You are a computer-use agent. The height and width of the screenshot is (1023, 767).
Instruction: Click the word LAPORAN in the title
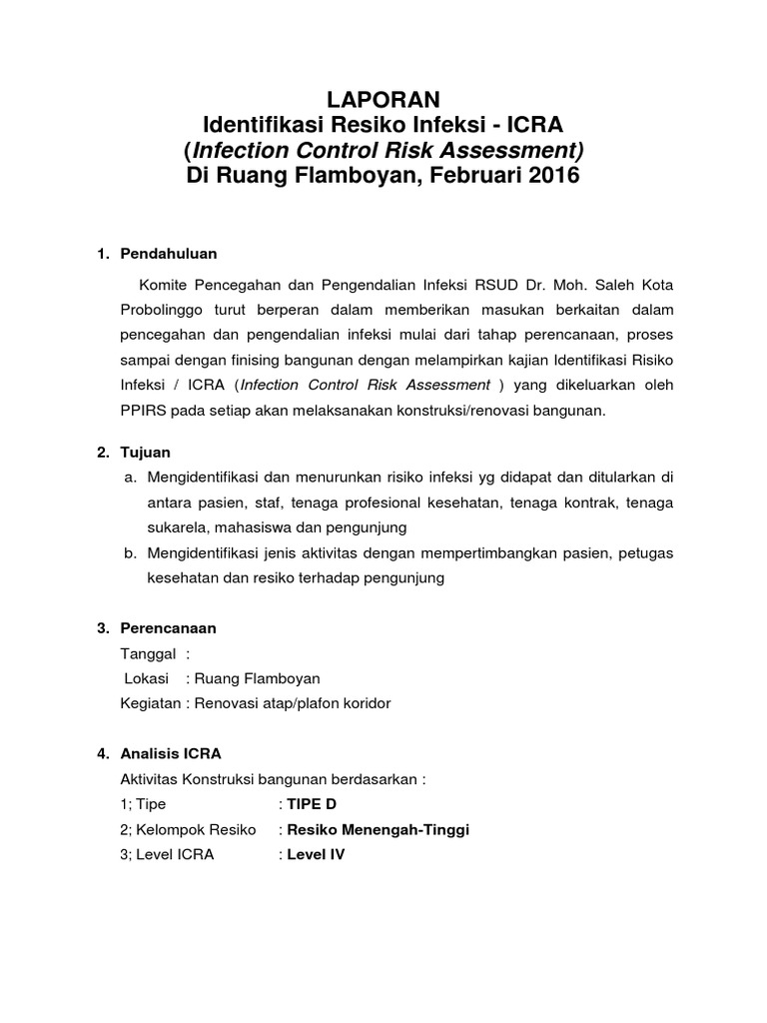tap(383, 98)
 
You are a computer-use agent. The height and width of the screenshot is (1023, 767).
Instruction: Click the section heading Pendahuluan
tap(168, 253)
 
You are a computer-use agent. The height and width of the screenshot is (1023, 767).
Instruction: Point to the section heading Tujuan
tap(146, 452)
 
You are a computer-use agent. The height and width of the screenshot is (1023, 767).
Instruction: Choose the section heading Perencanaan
tap(168, 628)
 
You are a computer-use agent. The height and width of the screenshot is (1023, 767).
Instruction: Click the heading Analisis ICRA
tap(171, 753)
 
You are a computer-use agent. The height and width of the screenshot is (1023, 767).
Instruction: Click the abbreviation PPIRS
tap(125, 411)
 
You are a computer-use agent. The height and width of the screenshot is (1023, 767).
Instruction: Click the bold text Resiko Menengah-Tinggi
tap(378, 829)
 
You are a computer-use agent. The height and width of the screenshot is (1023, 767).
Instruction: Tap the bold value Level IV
tap(316, 855)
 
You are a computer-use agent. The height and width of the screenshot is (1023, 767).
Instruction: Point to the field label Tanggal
tap(148, 653)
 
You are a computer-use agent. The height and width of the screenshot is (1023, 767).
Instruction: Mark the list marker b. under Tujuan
tap(130, 551)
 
